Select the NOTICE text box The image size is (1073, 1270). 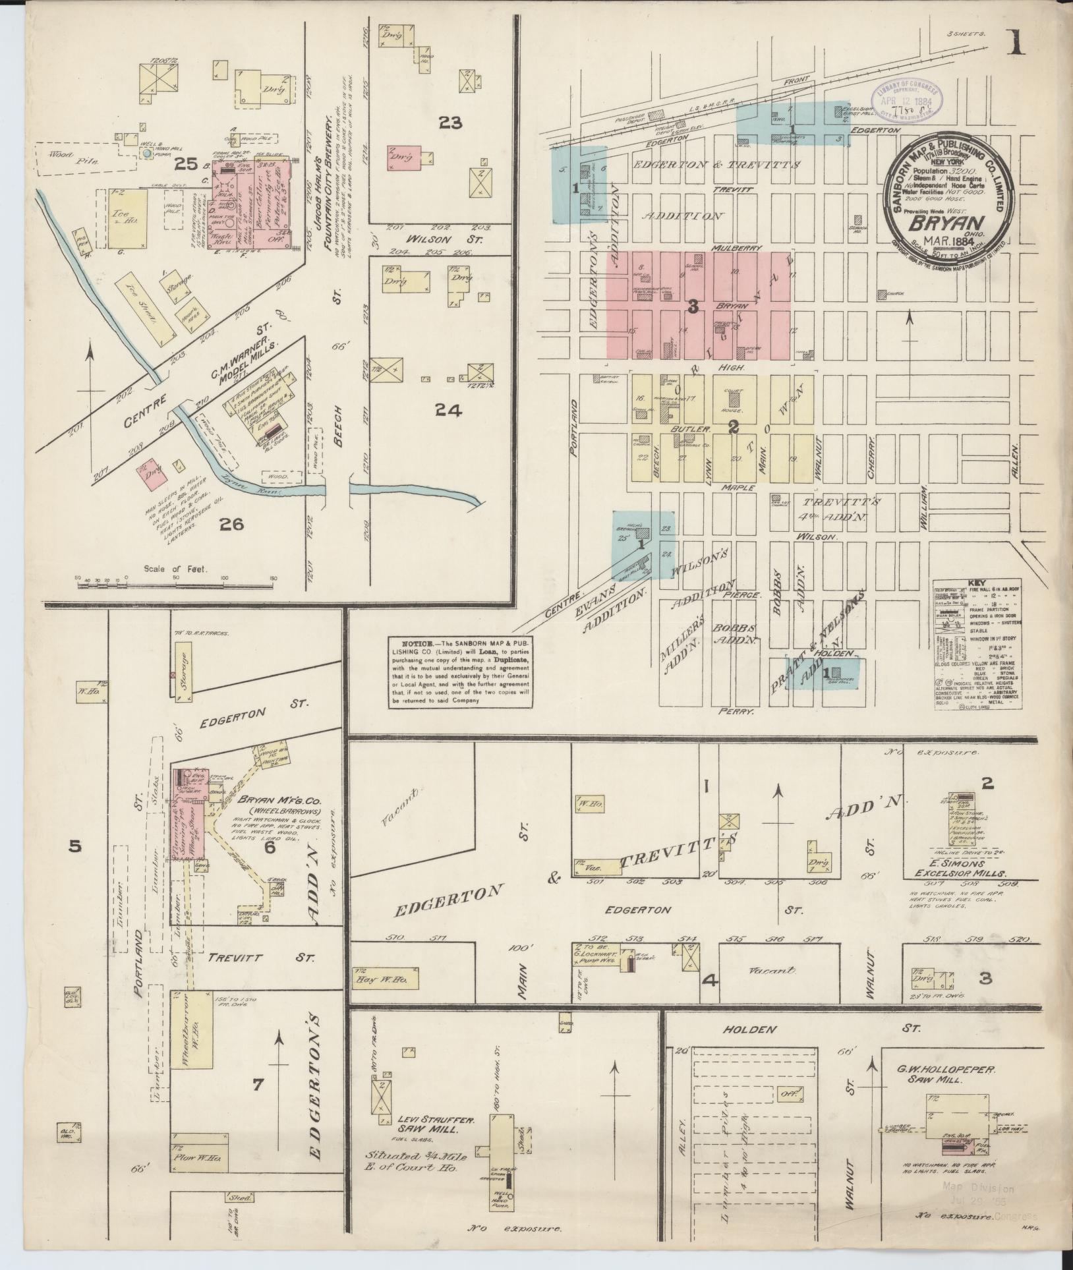coord(460,672)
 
